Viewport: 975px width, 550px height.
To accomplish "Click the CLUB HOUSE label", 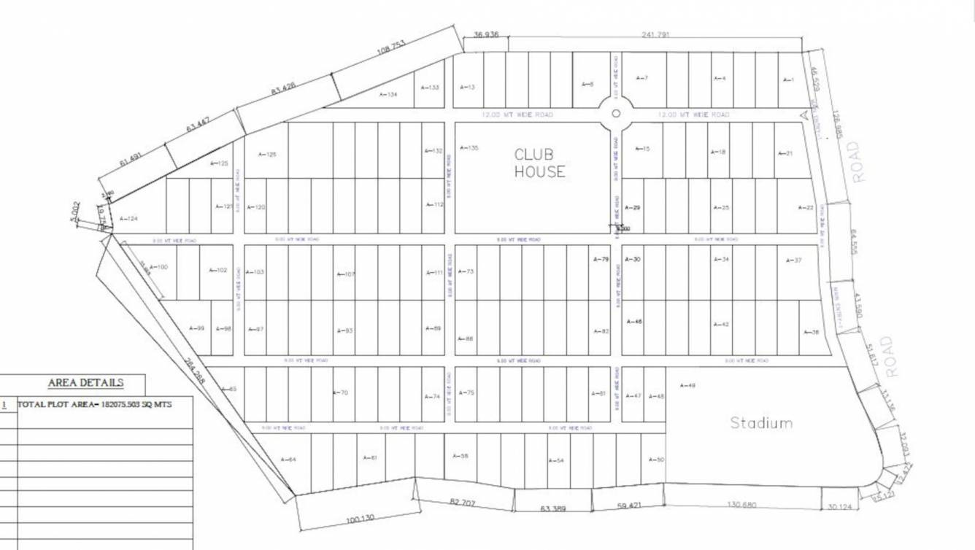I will [539, 163].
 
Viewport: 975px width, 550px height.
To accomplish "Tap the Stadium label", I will [761, 422].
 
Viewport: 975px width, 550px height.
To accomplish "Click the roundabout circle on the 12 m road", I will [615, 114].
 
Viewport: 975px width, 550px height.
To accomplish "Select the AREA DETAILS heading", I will [85, 383].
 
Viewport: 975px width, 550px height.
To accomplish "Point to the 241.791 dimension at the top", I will [655, 34].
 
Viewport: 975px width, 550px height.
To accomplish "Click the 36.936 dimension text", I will [486, 34].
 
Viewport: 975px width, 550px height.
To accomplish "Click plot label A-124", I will [128, 219].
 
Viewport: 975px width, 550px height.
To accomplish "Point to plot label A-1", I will [787, 80].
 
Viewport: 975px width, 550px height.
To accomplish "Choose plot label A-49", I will [687, 385].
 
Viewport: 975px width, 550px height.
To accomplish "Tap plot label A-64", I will [288, 460].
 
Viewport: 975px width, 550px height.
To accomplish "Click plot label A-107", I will [345, 274].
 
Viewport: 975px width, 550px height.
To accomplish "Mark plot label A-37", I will [793, 260].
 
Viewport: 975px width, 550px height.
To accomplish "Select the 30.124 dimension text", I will [837, 507].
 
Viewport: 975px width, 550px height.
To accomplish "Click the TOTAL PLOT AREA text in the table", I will [95, 404].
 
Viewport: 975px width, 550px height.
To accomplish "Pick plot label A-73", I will [466, 271].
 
